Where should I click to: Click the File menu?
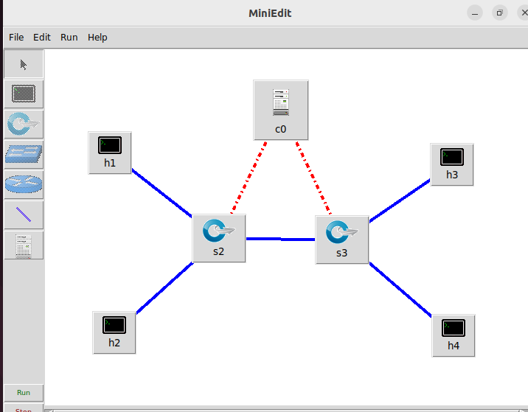click(x=16, y=37)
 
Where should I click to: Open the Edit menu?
click(x=42, y=37)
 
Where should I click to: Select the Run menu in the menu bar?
click(x=69, y=37)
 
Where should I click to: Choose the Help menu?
click(x=97, y=37)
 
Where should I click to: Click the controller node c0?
click(x=280, y=109)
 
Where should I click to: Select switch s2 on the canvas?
click(x=218, y=237)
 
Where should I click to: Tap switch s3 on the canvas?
click(x=341, y=239)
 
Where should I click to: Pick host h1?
click(x=110, y=152)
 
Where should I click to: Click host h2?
click(x=114, y=331)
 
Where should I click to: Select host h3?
click(x=451, y=164)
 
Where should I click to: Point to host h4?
click(x=453, y=335)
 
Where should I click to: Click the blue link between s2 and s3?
click(x=280, y=239)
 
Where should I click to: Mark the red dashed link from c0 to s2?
click(x=249, y=177)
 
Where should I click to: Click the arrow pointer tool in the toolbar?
click(x=24, y=65)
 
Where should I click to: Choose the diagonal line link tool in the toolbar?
click(x=24, y=214)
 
